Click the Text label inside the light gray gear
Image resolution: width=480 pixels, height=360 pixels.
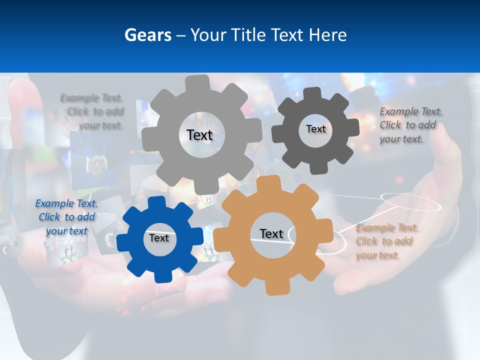pos(199,135)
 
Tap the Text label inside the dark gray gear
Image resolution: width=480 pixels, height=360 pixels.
pos(315,129)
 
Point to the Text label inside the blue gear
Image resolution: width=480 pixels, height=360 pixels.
pos(159,238)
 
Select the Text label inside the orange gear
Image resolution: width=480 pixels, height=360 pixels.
pos(271,233)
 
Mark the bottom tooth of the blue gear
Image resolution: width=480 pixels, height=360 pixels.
pos(160,275)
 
